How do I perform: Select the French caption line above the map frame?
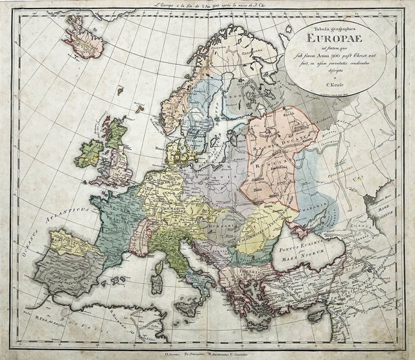pyautogui.click(x=207, y=5)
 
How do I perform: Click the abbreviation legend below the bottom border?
pyautogui.click(x=207, y=354)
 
